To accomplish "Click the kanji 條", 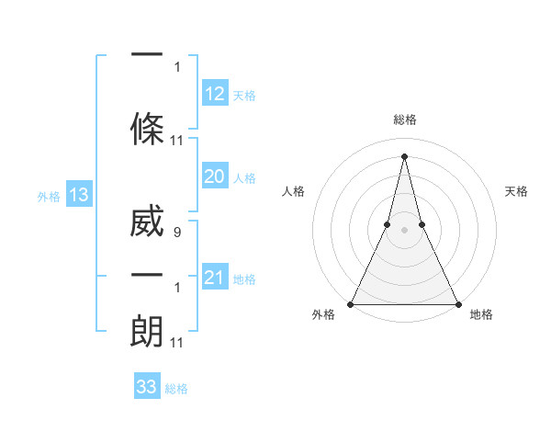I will (x=147, y=128).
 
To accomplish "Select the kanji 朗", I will (x=147, y=330).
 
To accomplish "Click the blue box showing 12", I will (x=214, y=94).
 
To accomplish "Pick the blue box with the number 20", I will (x=214, y=176).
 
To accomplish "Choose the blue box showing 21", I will (x=214, y=278).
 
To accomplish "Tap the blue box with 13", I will (x=78, y=195).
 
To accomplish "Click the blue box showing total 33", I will (x=146, y=387).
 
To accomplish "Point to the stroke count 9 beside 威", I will (x=176, y=233).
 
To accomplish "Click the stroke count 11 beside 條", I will (x=177, y=141).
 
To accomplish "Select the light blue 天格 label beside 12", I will (x=244, y=96).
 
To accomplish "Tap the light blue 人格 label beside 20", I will (x=244, y=178).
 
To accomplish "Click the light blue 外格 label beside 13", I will (x=48, y=197).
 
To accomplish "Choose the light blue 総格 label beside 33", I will (x=176, y=389).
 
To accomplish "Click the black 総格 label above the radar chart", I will (x=404, y=120).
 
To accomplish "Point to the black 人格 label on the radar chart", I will (x=293, y=191).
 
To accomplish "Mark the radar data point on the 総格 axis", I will (x=404, y=155).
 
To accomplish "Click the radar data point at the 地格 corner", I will (x=457, y=303).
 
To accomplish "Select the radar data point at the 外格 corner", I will (x=351, y=303).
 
